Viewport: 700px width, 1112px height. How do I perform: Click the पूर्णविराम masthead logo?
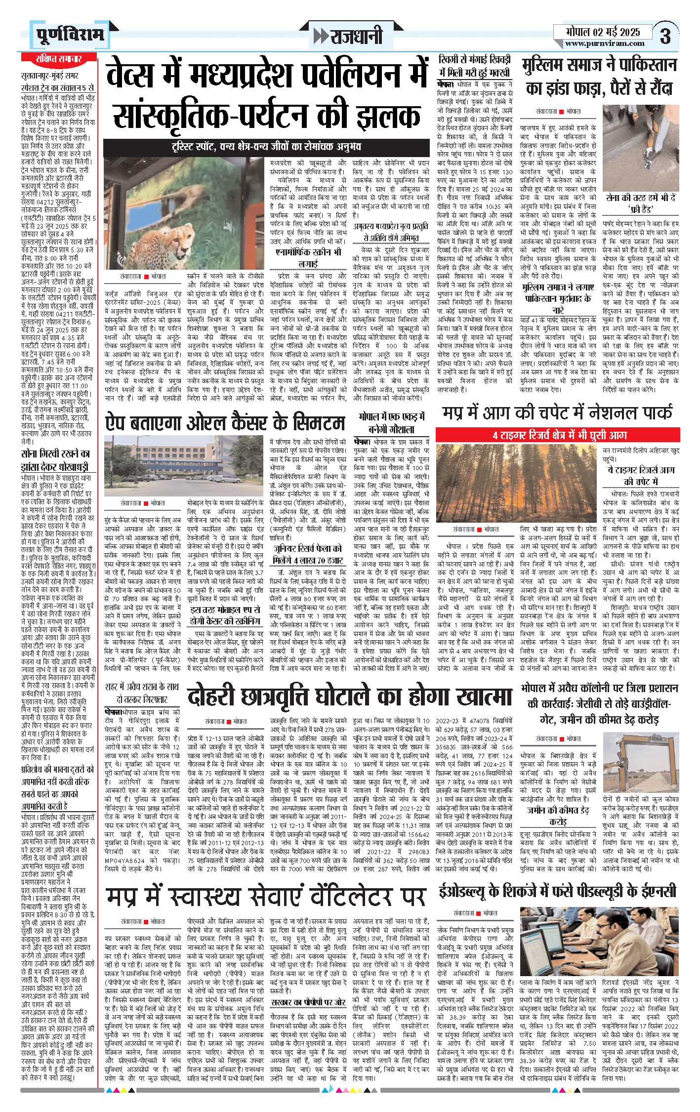(x=70, y=35)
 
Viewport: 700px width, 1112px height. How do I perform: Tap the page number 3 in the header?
(x=665, y=36)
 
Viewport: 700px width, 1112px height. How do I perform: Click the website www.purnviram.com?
(x=604, y=43)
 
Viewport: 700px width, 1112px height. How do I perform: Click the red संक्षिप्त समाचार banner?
(x=59, y=59)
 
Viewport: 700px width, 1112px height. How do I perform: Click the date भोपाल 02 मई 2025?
(x=603, y=32)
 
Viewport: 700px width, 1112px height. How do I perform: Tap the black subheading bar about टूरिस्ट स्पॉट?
(x=266, y=147)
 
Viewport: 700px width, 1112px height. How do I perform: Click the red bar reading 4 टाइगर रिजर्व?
(x=559, y=435)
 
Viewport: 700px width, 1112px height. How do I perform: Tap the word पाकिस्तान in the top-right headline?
(x=641, y=65)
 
